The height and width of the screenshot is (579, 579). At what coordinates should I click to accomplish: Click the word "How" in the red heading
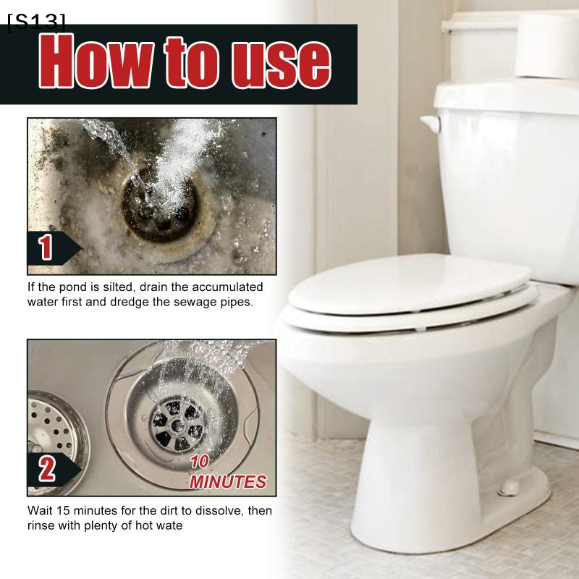[96, 61]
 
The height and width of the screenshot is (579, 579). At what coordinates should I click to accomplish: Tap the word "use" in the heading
[281, 64]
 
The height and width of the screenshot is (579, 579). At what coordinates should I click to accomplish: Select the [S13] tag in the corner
[36, 22]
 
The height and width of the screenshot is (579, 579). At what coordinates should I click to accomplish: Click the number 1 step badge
[54, 248]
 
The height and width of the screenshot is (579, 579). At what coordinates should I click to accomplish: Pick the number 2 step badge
[54, 470]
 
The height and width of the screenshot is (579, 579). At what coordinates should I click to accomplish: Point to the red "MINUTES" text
[228, 481]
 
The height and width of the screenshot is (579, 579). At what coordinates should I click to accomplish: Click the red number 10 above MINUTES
[200, 462]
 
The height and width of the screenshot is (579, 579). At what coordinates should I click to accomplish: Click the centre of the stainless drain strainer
[178, 426]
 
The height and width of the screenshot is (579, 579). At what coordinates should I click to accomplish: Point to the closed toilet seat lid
[409, 284]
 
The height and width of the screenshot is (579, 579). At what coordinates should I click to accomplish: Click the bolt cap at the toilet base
[510, 487]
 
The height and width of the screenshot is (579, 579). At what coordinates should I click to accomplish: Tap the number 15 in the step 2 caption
[63, 510]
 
